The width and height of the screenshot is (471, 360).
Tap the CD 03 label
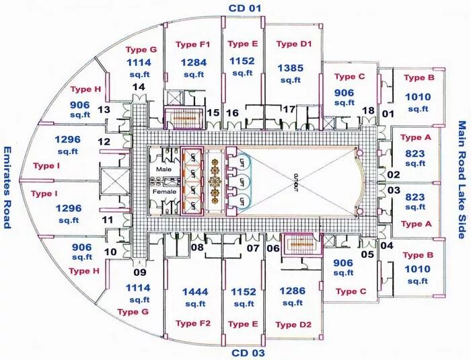click(248, 353)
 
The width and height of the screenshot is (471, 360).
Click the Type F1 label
click(193, 44)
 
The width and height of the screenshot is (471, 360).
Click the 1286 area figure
click(293, 291)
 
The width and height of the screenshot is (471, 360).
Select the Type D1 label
click(294, 44)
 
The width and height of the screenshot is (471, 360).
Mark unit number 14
click(139, 87)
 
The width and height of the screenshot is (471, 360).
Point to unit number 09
click(139, 273)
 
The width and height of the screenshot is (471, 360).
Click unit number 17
click(289, 109)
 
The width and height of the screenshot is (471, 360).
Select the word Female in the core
click(164, 192)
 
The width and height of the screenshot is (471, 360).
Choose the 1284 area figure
click(193, 63)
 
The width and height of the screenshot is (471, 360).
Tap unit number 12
click(104, 142)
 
